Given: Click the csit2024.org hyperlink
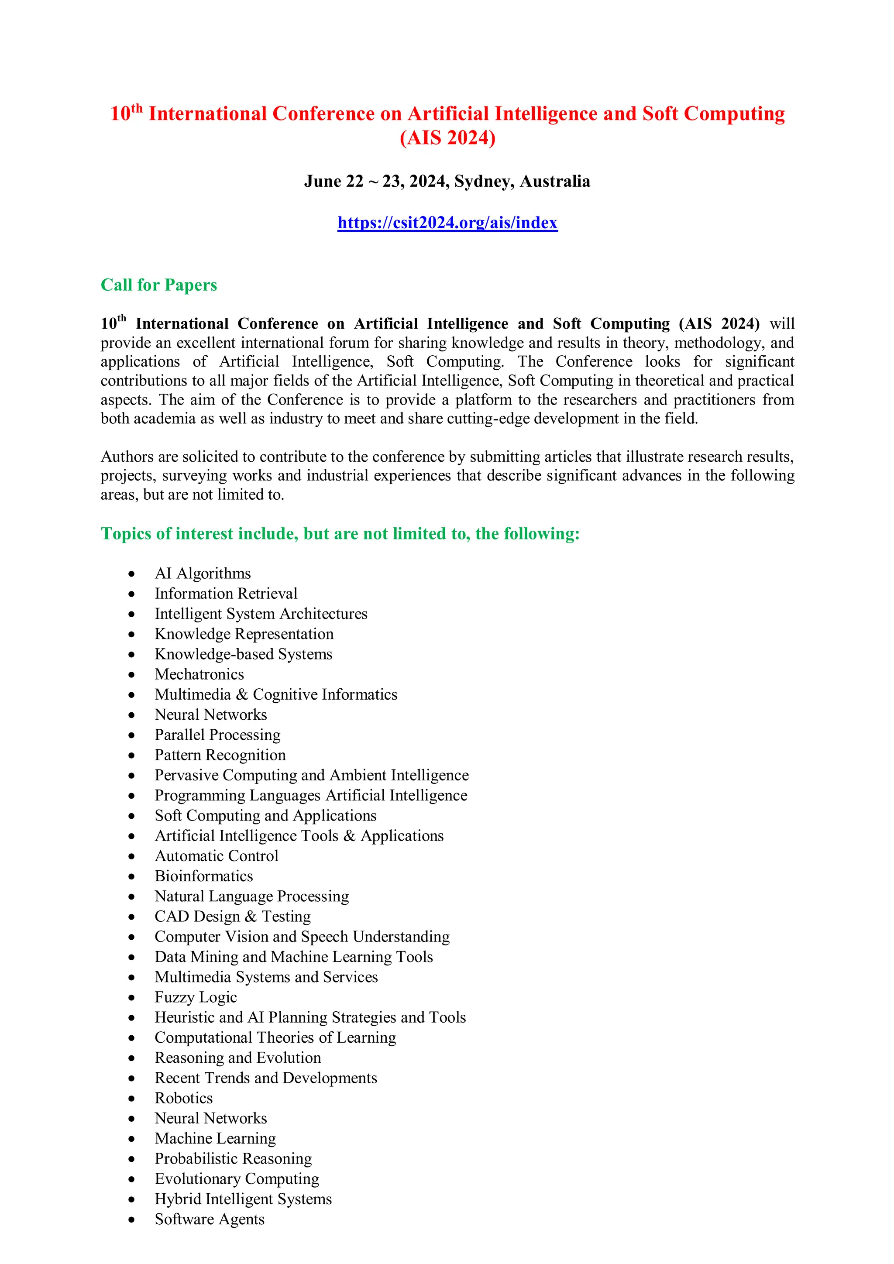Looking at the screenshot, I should (447, 223).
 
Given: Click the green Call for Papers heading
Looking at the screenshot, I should (158, 285).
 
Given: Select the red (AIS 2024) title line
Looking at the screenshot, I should (447, 137).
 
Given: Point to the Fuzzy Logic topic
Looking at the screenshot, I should (196, 997).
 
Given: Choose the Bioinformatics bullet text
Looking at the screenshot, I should (204, 876).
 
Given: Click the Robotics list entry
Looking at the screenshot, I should (183, 1098).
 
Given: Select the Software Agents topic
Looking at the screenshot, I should (209, 1219).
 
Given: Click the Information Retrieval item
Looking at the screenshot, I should (226, 594).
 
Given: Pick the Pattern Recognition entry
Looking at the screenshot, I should (220, 755).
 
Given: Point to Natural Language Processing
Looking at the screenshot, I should (251, 896).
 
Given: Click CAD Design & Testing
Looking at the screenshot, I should (232, 917).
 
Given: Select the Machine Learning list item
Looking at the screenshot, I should (215, 1138).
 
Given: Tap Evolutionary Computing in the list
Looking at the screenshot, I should (237, 1178).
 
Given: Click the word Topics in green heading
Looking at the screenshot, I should (126, 533).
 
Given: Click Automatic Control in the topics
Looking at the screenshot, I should (217, 856).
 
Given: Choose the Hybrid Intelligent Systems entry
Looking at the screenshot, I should (243, 1199).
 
